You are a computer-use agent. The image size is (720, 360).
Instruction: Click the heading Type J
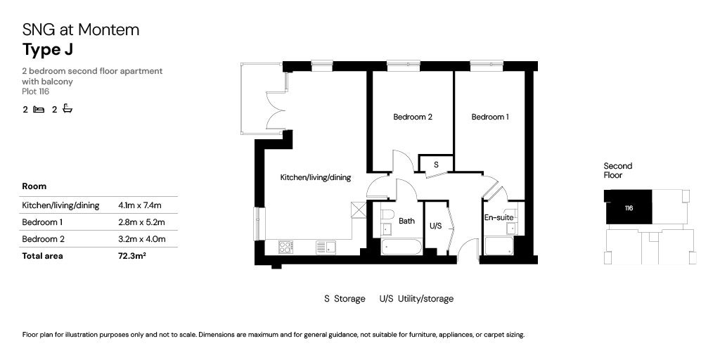(x=48, y=49)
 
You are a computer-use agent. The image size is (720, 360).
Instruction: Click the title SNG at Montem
(x=81, y=30)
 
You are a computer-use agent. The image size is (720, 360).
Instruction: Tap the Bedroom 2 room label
(x=412, y=117)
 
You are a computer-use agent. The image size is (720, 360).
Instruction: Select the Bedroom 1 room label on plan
(x=489, y=117)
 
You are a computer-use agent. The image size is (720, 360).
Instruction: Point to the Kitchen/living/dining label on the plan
(x=315, y=178)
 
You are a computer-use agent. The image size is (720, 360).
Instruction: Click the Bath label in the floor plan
(x=406, y=221)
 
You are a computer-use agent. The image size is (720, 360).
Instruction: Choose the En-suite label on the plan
(x=499, y=218)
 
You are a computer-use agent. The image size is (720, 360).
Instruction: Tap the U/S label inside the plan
(x=435, y=226)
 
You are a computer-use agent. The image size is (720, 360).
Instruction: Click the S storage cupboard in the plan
(x=436, y=164)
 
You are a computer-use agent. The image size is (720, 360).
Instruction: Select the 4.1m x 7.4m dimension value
(x=140, y=205)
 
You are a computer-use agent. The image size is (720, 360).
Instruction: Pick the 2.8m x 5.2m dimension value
(x=141, y=222)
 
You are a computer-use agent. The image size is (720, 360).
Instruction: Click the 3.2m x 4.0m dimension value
(x=141, y=239)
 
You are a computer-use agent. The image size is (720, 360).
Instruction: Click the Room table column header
(x=34, y=186)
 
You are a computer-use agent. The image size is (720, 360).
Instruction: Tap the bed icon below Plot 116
(x=39, y=109)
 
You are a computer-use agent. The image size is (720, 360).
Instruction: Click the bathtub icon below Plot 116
(x=67, y=109)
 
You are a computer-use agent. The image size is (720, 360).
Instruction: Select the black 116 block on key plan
(x=628, y=208)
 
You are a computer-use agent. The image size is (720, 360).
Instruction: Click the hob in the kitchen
(x=286, y=247)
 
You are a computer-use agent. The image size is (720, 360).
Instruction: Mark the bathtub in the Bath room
(x=400, y=247)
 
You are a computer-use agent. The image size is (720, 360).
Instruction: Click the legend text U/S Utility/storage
(x=416, y=299)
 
